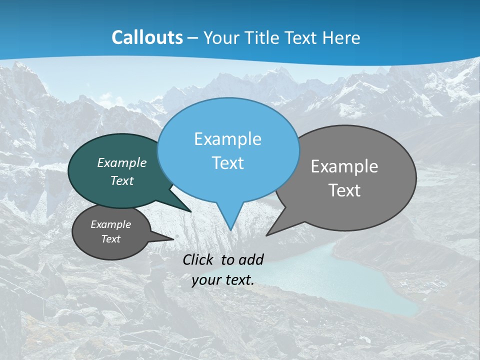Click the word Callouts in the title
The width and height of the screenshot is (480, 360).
(147, 37)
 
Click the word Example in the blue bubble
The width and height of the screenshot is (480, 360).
(227, 139)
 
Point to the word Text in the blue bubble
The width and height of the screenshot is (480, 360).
(227, 163)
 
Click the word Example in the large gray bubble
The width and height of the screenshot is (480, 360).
(344, 166)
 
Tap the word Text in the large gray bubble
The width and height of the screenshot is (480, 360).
(344, 190)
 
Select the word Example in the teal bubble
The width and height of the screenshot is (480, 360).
(122, 162)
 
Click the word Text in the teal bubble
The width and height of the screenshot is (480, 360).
(122, 180)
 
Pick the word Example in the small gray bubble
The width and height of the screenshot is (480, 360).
(111, 224)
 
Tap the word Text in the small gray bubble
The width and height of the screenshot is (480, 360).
(111, 239)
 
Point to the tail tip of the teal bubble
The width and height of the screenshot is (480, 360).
(191, 211)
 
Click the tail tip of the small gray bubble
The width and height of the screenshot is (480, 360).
(173, 239)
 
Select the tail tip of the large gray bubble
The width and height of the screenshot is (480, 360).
(266, 235)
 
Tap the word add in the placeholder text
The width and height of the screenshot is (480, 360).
(250, 259)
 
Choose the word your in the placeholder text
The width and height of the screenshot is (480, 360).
(205, 280)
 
